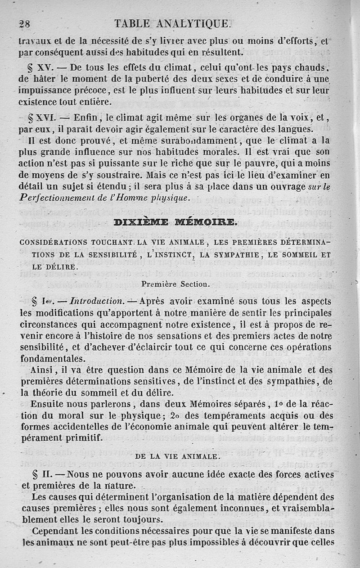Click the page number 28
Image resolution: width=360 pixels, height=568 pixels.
(x=24, y=24)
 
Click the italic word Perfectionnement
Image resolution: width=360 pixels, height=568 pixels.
(x=57, y=198)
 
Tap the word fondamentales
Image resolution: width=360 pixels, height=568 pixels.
(x=53, y=359)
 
